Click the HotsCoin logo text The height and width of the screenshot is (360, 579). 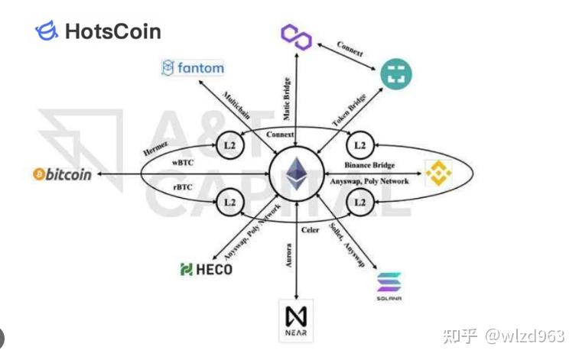tap(112, 31)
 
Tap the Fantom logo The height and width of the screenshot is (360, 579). tap(193, 68)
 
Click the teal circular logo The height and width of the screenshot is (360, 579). tap(397, 74)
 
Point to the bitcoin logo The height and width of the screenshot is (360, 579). tap(62, 174)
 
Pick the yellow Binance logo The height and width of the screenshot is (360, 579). tap(439, 174)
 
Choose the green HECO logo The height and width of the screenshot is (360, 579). tap(206, 269)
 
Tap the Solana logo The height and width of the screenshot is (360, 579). tap(389, 287)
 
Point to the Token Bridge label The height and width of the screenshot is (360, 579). tap(348, 110)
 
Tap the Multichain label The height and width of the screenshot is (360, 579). tap(236, 108)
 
